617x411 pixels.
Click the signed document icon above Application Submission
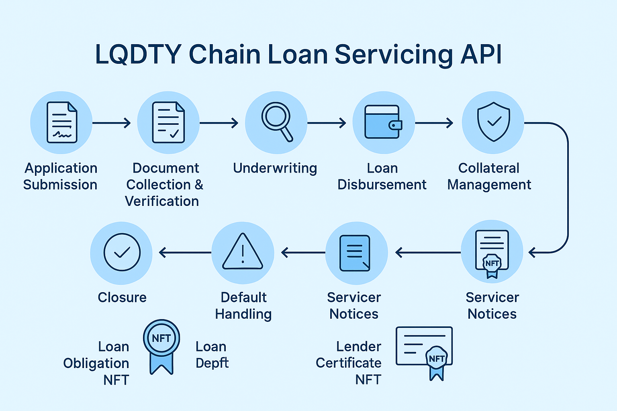point(61,122)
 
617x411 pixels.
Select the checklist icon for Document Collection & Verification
point(168,122)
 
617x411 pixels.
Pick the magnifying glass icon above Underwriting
point(276,122)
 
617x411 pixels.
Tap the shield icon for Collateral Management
point(493,122)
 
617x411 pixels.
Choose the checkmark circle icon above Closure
point(122,252)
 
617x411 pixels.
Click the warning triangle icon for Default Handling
point(243,252)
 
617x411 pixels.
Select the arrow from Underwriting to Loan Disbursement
point(326,123)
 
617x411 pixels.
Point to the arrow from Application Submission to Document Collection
point(111,123)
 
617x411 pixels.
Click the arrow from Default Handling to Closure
point(185,252)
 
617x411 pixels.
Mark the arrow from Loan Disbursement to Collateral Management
point(434,123)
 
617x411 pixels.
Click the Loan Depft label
point(212,354)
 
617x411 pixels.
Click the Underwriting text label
point(275,168)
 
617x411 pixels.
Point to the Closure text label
point(122,297)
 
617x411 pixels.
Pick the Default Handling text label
point(243,305)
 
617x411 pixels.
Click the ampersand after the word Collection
point(199,185)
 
